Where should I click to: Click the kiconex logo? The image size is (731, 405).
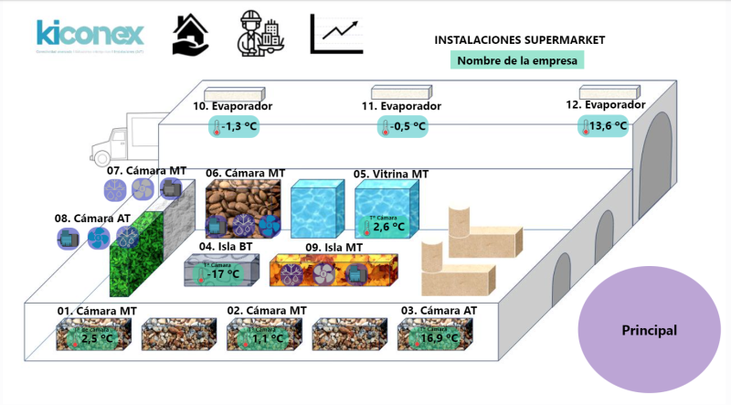click(x=90, y=35)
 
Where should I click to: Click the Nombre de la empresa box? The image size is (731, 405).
click(x=517, y=60)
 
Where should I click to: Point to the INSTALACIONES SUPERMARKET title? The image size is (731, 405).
click(x=519, y=40)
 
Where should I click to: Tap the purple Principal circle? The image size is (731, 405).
click(x=649, y=329)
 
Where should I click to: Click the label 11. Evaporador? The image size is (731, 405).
click(x=402, y=106)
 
